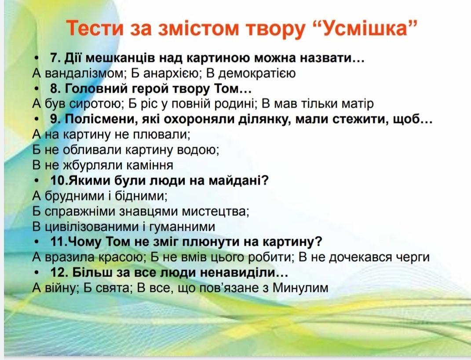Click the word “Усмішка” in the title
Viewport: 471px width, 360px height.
366,28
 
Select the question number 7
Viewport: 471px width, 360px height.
55,58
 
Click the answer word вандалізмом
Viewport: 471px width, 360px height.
82,73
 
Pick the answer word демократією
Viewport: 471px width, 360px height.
255,73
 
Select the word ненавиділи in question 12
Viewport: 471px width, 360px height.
243,273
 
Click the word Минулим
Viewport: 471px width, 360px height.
300,288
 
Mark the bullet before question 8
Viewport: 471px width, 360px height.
37,89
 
